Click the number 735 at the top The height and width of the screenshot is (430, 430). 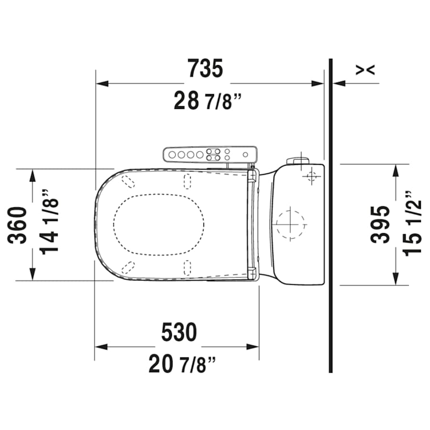click(x=205, y=69)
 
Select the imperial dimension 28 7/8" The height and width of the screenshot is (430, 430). click(x=208, y=101)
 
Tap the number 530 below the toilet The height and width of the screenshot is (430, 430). click(x=179, y=333)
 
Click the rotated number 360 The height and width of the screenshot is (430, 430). click(x=19, y=225)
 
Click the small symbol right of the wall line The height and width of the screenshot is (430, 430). click(x=365, y=70)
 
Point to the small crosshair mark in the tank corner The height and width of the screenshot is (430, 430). click(x=312, y=177)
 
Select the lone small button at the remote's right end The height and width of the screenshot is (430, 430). click(x=245, y=155)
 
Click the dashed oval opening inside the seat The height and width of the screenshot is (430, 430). click(x=159, y=224)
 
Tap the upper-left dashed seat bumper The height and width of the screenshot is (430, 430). click(x=128, y=182)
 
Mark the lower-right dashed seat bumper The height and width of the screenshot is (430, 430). click(x=187, y=267)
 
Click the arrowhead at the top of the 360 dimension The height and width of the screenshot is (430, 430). click(x=32, y=175)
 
